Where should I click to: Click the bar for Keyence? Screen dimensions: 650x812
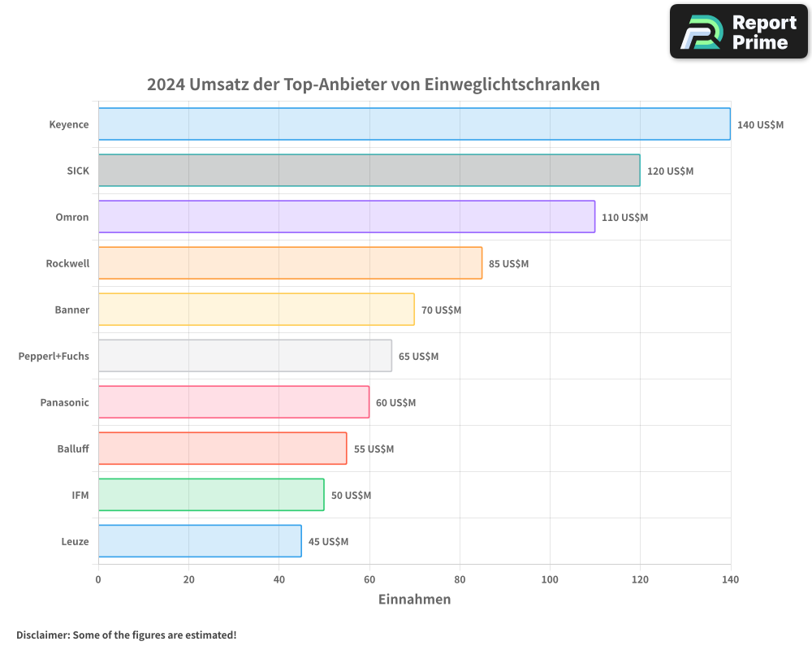[414, 124]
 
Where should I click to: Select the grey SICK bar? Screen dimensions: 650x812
[369, 171]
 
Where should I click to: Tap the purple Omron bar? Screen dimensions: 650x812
[347, 217]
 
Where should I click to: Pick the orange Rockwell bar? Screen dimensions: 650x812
[290, 263]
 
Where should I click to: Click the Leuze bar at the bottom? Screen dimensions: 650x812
[200, 541]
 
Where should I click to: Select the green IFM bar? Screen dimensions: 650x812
[211, 495]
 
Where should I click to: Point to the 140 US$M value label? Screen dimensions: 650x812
[760, 125]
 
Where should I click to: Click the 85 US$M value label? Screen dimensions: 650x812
[508, 264]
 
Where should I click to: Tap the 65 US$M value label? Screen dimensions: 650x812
[418, 357]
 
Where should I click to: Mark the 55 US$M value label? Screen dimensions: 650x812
[374, 449]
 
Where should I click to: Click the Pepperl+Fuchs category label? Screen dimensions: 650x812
[54, 356]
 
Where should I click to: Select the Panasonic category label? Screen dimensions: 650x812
[64, 402]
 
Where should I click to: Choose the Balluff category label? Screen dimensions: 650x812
[73, 448]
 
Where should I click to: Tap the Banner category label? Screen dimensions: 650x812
[72, 310]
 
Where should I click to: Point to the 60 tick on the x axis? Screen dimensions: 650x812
[369, 579]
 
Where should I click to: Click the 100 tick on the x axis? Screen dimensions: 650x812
[550, 579]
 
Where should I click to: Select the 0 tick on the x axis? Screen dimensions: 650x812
[98, 579]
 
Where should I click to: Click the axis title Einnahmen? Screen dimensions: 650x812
[414, 600]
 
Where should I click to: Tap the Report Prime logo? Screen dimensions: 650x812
[739, 32]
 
